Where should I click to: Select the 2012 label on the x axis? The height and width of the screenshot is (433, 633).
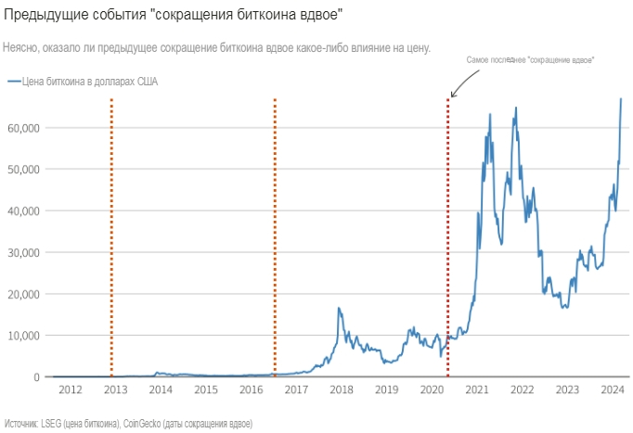point(71,390)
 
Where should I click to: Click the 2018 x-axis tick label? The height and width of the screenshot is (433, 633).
point(341,390)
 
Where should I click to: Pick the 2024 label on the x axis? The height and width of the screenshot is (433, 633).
point(612,390)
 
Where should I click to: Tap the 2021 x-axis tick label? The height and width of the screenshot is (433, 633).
point(476,390)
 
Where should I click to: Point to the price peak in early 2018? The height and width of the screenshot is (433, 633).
point(339,308)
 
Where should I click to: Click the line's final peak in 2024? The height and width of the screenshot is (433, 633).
point(621,99)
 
